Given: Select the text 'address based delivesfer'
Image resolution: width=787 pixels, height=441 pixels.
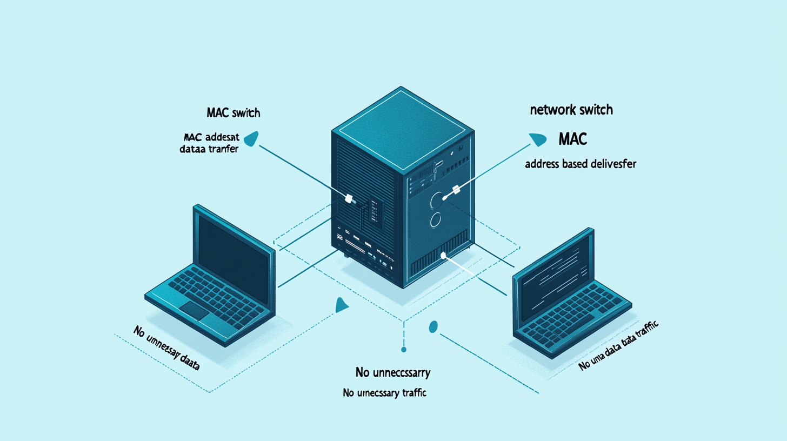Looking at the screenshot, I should [579, 164].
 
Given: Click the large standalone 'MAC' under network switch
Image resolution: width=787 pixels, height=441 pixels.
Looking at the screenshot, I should [571, 139].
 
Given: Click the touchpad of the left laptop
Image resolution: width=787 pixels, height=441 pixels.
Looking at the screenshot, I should [196, 310].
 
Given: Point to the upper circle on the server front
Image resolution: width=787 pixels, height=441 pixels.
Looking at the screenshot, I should [437, 202].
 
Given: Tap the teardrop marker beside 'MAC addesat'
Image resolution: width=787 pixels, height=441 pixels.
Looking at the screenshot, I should [251, 139].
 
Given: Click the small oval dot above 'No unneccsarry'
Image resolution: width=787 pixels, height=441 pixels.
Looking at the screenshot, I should [432, 326].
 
